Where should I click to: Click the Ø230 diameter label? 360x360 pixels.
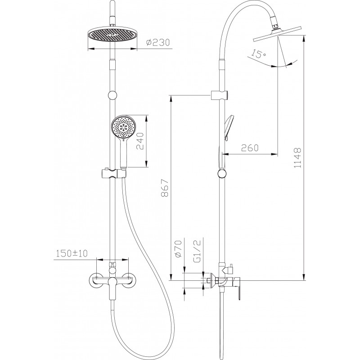(158, 42)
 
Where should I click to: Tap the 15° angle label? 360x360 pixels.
(258, 54)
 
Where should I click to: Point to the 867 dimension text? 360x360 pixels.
(165, 188)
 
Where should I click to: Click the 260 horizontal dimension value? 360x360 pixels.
(250, 148)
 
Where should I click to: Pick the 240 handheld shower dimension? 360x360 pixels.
(140, 141)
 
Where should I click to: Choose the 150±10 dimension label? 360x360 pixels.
(72, 253)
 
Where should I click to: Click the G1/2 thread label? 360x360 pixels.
(197, 251)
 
